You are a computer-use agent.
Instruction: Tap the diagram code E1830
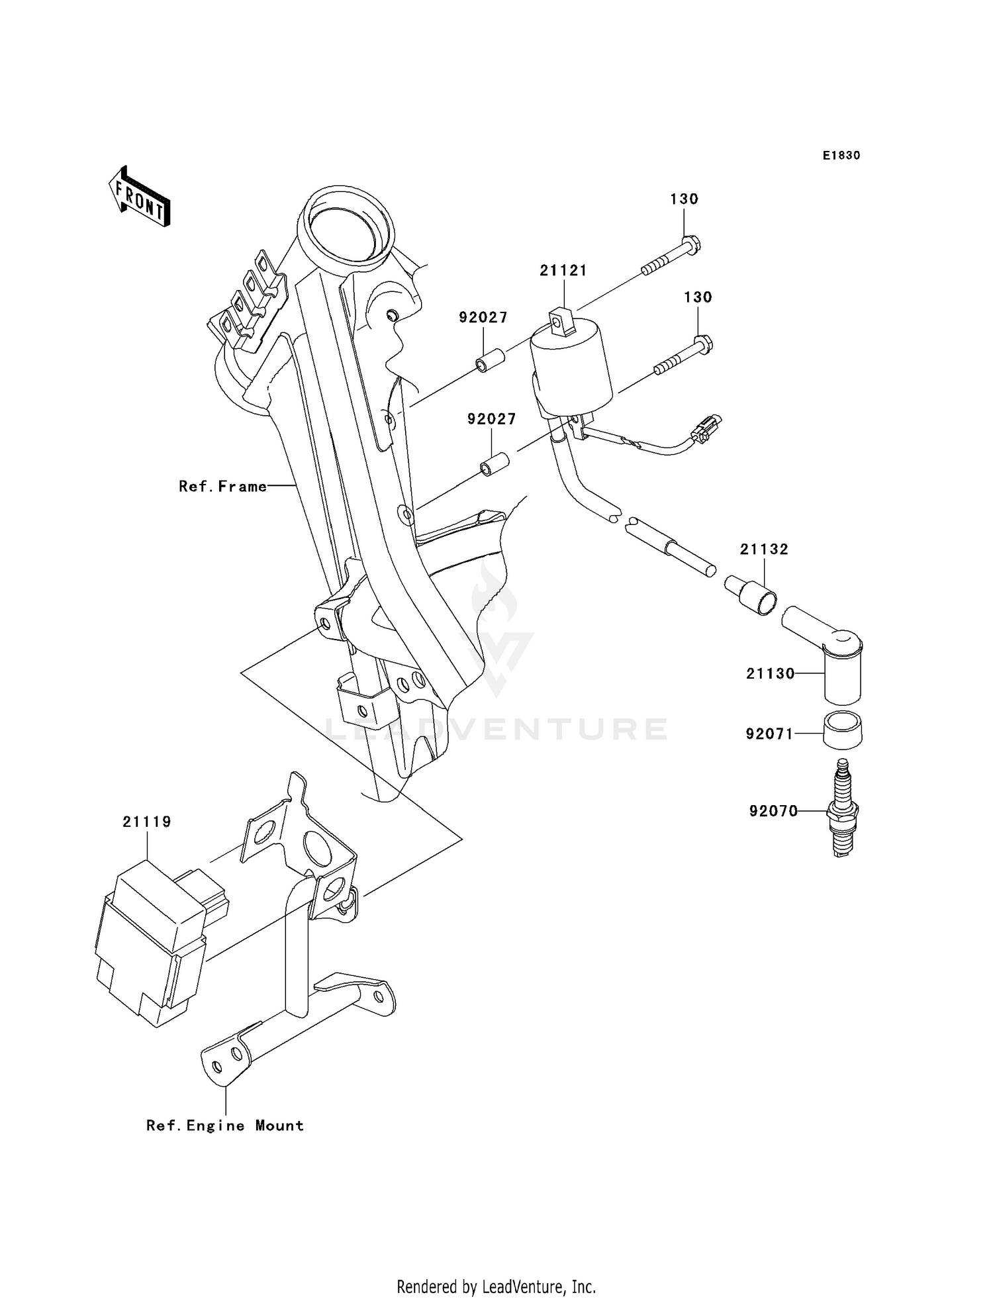click(841, 156)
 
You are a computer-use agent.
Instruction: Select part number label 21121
click(563, 270)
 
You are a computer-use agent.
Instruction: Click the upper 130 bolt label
click(684, 199)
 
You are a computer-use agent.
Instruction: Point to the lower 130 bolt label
click(698, 297)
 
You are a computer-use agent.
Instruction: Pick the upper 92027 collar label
click(483, 317)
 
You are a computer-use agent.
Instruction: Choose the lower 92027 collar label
click(491, 419)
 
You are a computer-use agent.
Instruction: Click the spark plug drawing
click(842, 809)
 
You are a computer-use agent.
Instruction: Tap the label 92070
click(773, 811)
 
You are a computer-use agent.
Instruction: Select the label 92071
click(769, 734)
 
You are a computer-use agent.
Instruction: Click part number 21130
click(770, 673)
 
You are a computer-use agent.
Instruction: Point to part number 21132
click(764, 549)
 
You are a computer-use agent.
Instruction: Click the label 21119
click(146, 822)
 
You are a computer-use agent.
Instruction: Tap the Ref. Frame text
click(223, 487)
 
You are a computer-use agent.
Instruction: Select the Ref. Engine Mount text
click(225, 1126)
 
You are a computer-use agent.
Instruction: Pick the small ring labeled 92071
click(842, 729)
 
